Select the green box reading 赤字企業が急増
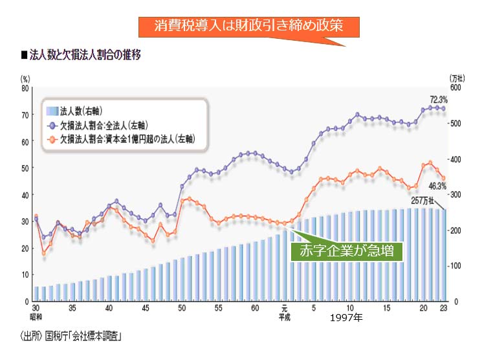[x=347, y=250]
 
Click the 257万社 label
[x=424, y=200]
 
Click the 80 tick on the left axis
[x=25, y=87]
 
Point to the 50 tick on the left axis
[x=25, y=168]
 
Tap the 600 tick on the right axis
[x=455, y=87]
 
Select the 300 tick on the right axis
[x=455, y=195]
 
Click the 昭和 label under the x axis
[x=36, y=316]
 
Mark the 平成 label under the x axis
[x=284, y=316]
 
